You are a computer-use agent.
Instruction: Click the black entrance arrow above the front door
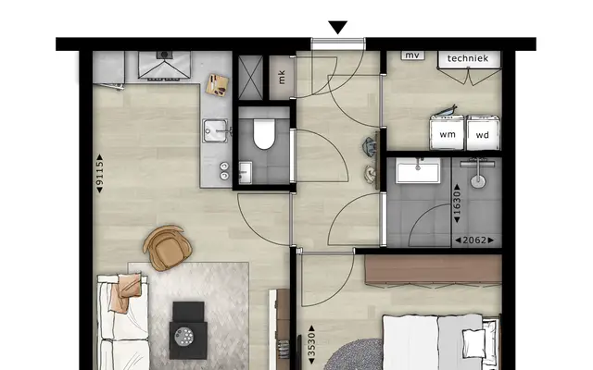(x=337, y=27)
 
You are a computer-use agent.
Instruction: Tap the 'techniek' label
(x=468, y=58)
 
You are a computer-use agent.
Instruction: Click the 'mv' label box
(x=412, y=55)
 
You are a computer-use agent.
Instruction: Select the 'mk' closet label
(x=282, y=78)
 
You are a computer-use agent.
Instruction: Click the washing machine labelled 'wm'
(x=447, y=132)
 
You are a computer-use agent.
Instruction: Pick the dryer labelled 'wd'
(x=483, y=133)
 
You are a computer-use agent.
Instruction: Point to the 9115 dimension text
(x=99, y=173)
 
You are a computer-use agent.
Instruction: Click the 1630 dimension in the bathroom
(x=457, y=203)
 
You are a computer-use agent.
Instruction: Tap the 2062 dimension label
(x=474, y=240)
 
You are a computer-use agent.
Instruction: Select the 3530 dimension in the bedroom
(x=311, y=344)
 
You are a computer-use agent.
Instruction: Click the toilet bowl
(x=263, y=134)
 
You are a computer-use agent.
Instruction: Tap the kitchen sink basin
(x=215, y=130)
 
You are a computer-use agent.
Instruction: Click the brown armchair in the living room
(x=167, y=248)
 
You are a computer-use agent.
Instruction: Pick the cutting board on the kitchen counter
(x=217, y=85)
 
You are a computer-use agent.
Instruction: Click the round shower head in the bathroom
(x=478, y=181)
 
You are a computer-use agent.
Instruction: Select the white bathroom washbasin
(x=418, y=170)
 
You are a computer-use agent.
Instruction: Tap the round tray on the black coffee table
(x=184, y=336)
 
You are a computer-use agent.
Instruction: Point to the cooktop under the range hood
(x=165, y=65)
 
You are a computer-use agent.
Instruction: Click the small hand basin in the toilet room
(x=246, y=173)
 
